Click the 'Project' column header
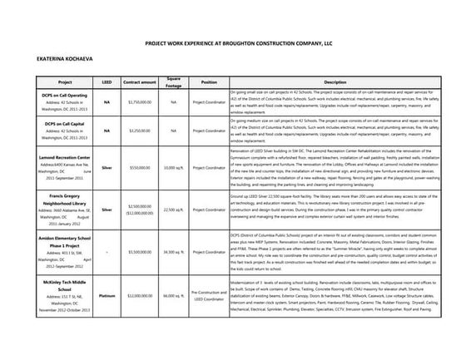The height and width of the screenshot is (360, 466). (65, 82)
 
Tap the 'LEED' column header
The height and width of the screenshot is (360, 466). (107, 82)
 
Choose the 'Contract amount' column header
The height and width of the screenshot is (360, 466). (139, 82)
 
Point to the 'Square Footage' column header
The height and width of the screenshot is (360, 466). (173, 81)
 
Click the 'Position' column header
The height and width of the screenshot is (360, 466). (209, 82)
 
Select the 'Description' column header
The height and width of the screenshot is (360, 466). (335, 82)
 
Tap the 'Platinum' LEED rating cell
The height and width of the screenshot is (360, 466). (107, 319)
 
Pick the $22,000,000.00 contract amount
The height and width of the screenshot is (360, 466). (139, 319)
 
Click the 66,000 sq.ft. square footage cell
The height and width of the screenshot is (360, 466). (173, 319)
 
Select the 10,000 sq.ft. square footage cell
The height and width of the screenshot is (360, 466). (173, 167)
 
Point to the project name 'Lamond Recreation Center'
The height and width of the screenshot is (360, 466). (65, 156)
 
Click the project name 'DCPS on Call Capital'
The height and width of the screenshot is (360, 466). (65, 124)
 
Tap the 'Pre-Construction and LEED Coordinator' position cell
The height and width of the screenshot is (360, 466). (209, 319)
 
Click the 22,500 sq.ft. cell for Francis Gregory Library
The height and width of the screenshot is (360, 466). (173, 210)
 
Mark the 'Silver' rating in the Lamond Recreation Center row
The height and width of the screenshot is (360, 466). (107, 167)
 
